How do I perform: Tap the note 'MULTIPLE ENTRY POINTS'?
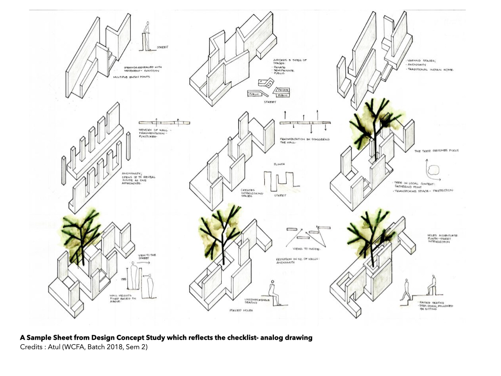click(132, 77)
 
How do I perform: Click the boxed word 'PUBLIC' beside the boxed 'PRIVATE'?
click(282, 95)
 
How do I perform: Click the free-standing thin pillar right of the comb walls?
click(128, 145)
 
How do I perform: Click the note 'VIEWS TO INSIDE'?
click(303, 249)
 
